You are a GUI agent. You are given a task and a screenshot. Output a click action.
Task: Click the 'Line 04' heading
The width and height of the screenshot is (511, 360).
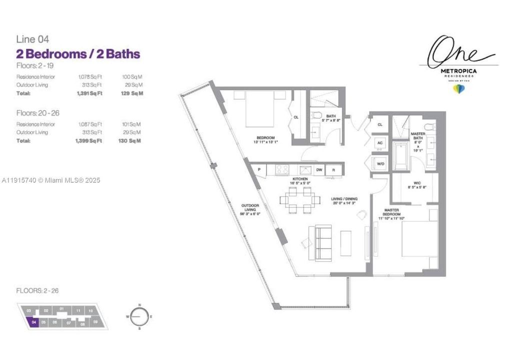(x=32, y=39)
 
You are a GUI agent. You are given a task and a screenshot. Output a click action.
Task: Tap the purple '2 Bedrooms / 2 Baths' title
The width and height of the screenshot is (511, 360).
(x=78, y=54)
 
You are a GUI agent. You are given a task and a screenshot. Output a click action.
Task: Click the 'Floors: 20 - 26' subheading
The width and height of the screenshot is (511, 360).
(x=37, y=113)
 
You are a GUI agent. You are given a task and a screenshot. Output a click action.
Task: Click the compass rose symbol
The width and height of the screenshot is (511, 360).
(x=140, y=316)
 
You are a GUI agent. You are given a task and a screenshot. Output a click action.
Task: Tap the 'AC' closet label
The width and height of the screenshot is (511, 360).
(x=380, y=142)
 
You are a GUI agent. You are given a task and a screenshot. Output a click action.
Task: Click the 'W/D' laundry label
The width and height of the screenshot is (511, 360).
(x=380, y=163)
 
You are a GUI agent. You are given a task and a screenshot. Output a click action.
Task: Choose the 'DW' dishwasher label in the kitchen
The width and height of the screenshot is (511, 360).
(x=318, y=170)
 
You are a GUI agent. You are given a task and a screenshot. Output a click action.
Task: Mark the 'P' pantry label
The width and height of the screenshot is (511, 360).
(x=259, y=170)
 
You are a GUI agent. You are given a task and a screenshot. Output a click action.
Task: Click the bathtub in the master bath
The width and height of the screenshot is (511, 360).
(x=400, y=156)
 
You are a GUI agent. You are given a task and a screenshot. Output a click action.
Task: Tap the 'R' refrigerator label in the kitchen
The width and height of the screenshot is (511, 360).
(x=333, y=170)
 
